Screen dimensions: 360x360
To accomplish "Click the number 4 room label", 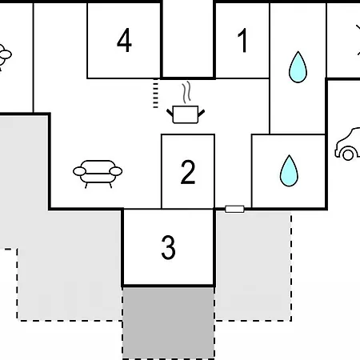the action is [124, 40].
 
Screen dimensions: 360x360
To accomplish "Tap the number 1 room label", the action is [242, 41].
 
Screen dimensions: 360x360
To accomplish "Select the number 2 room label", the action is [188, 172].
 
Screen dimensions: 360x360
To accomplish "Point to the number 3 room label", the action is [169, 247].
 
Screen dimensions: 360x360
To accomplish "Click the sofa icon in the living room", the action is [98, 174].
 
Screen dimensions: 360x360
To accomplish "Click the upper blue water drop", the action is [298, 67].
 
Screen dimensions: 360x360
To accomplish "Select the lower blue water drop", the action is [289, 170].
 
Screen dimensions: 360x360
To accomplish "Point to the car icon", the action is [347, 144].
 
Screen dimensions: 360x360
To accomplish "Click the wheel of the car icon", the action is [348, 154].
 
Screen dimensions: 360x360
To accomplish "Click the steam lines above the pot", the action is [186, 92].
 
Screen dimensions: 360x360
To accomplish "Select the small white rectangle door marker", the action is [234, 209].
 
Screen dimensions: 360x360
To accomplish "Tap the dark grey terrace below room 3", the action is [169, 323].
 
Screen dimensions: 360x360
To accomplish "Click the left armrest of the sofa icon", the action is [79, 171].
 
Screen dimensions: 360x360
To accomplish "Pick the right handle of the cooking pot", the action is [202, 113].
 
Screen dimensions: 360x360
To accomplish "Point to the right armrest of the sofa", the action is [116, 171].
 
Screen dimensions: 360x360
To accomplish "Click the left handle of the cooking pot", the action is [170, 113].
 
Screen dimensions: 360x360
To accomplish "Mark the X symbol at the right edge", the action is [358, 40].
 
